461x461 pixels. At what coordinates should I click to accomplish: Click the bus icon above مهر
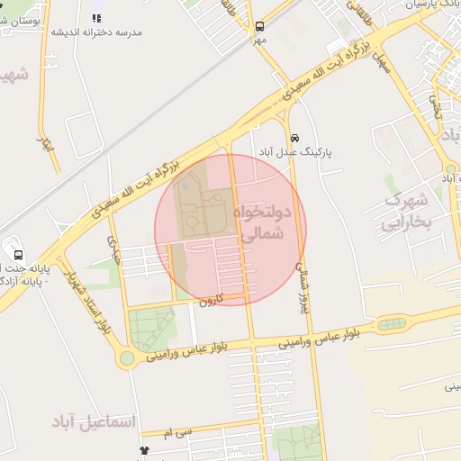click(x=260, y=27)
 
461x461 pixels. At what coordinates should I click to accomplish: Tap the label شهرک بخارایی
click(x=408, y=211)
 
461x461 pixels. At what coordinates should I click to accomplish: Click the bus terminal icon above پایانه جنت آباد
click(x=19, y=255)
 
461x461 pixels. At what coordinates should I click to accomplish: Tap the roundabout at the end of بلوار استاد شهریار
click(x=127, y=358)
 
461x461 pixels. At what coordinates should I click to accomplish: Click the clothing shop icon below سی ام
click(x=143, y=449)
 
